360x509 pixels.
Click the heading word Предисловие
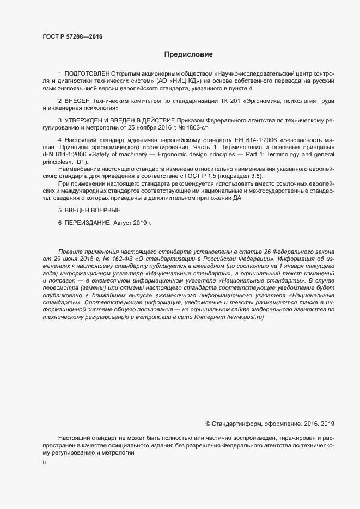(x=188, y=54)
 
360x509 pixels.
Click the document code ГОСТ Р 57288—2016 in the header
(x=72, y=36)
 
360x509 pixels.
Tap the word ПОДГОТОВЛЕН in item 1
(x=87, y=73)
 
